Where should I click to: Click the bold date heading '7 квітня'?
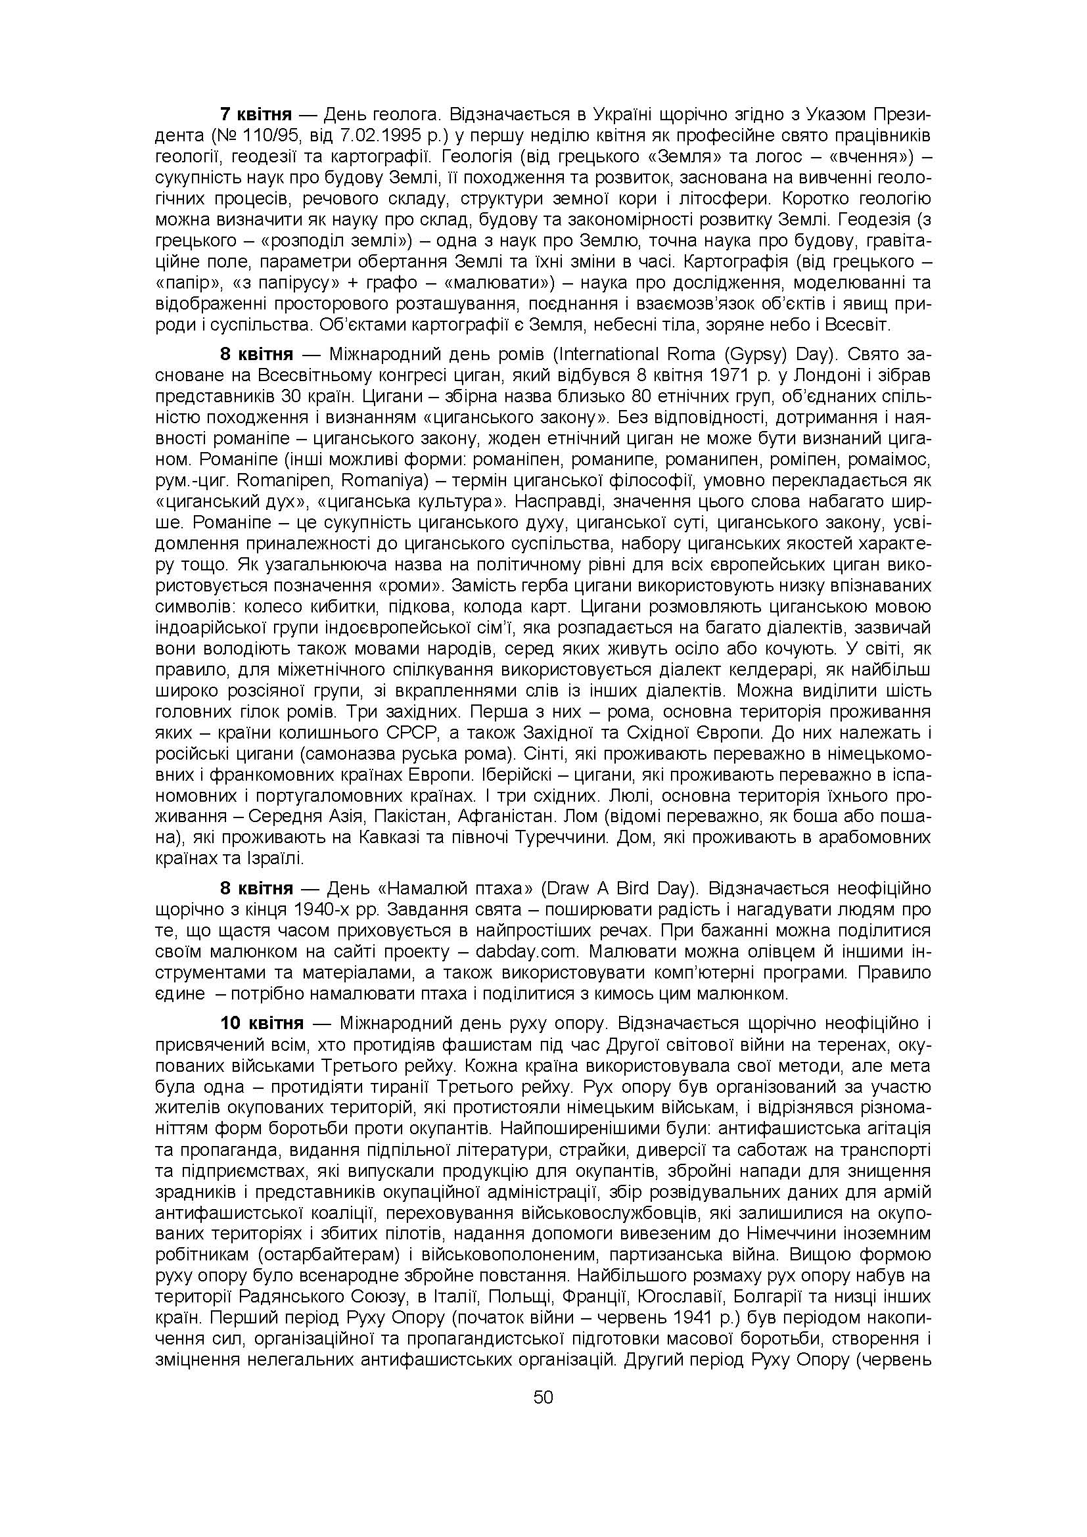point(256,114)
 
